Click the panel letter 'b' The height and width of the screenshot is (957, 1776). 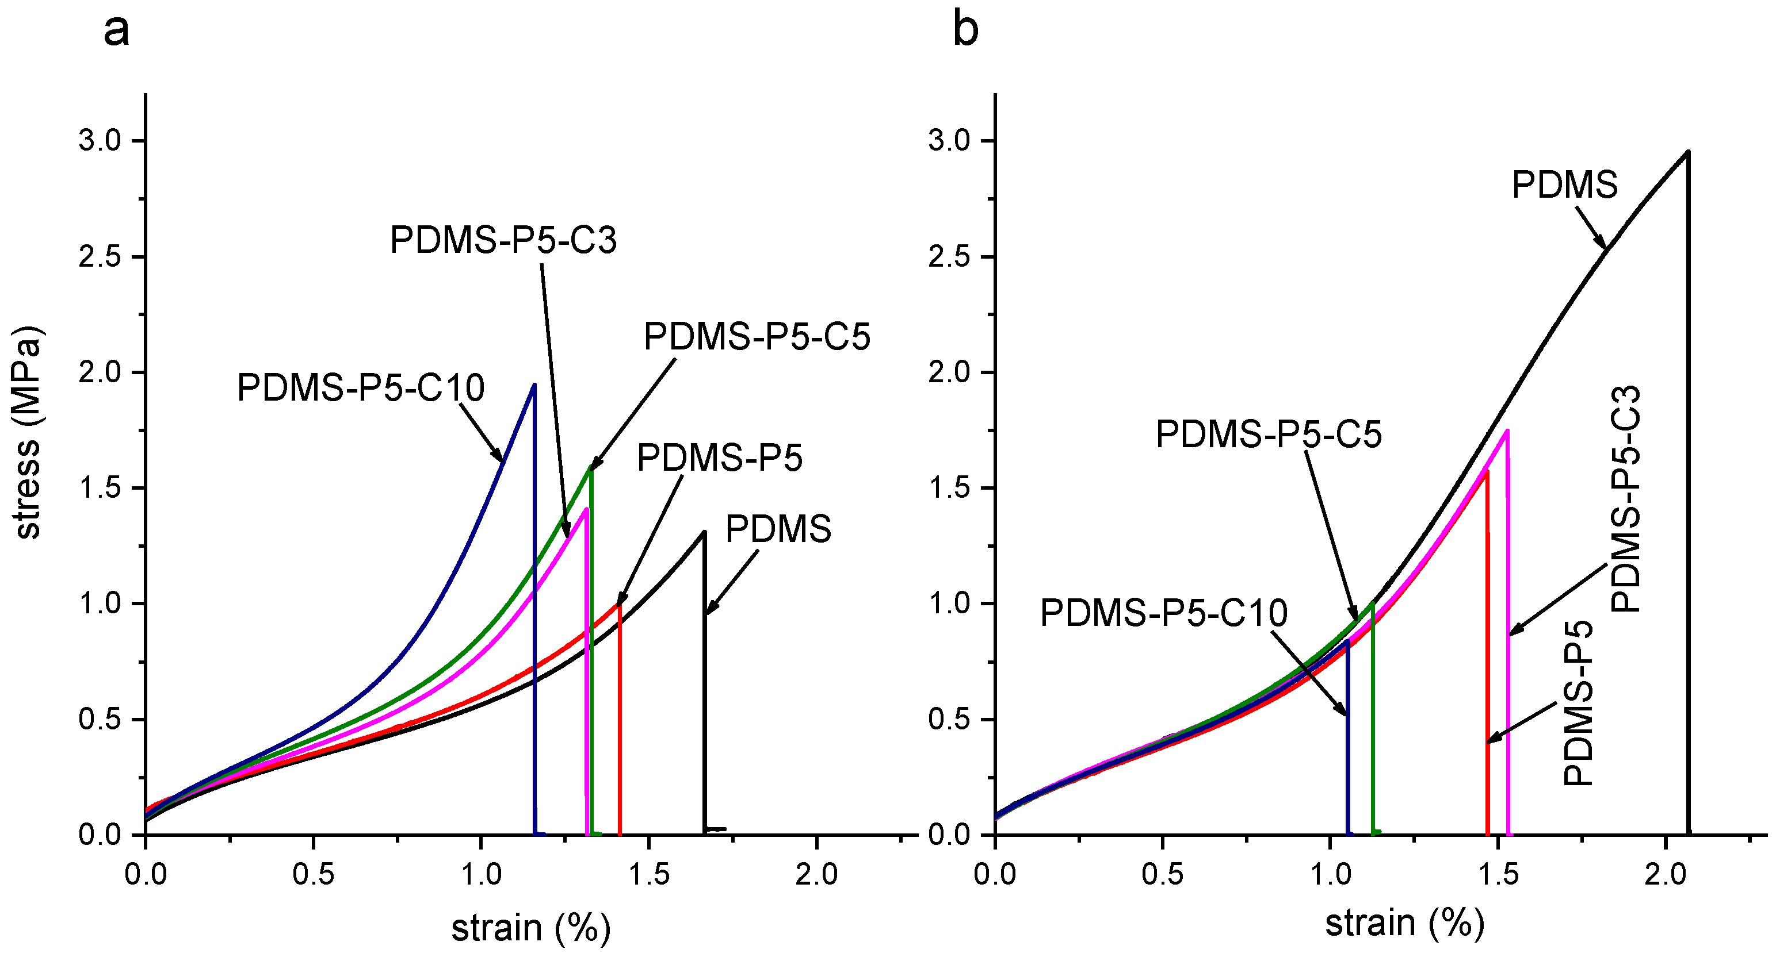[x=965, y=30]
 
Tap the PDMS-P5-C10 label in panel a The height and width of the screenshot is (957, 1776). [x=361, y=387]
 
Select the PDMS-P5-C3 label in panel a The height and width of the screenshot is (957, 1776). [x=503, y=240]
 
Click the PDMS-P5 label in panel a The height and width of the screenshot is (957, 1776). [x=719, y=458]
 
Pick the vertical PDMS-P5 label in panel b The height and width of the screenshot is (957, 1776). [x=1578, y=704]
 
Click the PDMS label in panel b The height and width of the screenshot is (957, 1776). [x=1564, y=185]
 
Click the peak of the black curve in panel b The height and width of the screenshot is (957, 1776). [x=1687, y=152]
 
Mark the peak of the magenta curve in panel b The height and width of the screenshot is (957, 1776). [x=1507, y=431]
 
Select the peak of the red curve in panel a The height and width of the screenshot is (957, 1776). [x=619, y=605]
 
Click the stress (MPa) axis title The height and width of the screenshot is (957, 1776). [x=28, y=433]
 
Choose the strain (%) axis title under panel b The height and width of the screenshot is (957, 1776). [x=1404, y=923]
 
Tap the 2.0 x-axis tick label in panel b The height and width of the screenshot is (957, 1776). [x=1665, y=874]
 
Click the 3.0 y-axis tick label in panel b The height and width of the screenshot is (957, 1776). [x=949, y=141]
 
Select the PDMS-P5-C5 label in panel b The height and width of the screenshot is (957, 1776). [x=1269, y=434]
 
